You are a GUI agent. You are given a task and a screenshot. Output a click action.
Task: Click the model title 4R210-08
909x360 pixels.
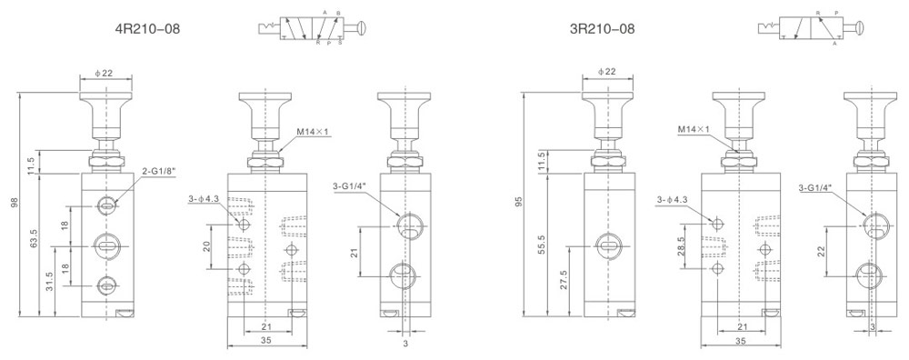point(148,28)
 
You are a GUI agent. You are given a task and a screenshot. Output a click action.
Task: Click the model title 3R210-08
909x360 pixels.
point(603,28)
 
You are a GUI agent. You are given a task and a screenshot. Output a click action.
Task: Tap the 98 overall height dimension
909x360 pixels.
point(13,203)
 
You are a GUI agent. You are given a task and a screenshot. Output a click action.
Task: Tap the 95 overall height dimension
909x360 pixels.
point(519,202)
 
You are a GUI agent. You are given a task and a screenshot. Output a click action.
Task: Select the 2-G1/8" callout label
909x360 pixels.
point(158,171)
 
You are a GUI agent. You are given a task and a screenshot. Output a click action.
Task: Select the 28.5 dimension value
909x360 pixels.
point(681,245)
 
